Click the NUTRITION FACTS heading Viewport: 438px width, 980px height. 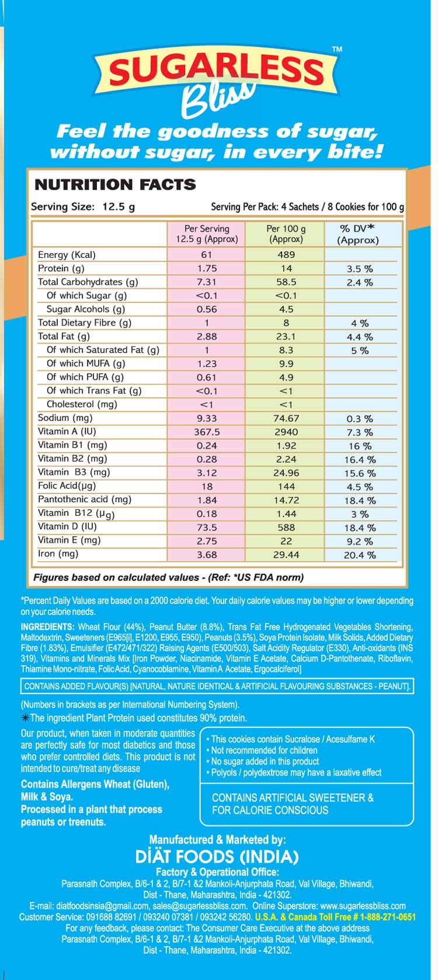[115, 185]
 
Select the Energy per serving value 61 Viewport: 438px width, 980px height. [206, 255]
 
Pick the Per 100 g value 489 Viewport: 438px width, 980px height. [286, 255]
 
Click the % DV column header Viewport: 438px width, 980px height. [357, 234]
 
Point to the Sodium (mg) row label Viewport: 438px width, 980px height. [65, 418]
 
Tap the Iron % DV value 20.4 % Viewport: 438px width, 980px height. [360, 555]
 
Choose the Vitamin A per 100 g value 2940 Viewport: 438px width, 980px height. [286, 432]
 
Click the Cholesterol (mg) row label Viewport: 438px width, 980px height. [82, 404]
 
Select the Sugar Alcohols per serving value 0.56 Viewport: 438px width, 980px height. [206, 310]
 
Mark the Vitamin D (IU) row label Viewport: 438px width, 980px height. [67, 527]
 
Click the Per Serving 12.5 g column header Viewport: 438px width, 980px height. [207, 234]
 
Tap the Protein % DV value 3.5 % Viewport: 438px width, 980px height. [360, 269]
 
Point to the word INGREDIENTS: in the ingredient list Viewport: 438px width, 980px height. [47, 627]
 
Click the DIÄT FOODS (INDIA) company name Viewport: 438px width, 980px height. [217, 857]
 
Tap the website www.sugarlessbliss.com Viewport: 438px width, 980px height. [363, 906]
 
